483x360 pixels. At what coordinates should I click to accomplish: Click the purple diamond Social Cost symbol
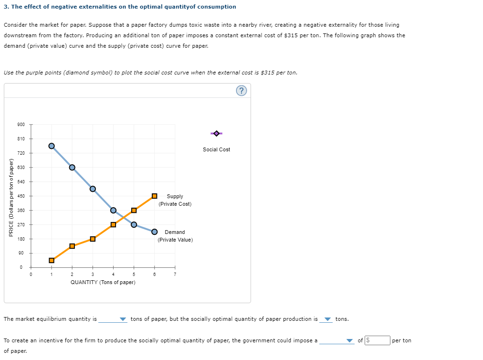click(216, 133)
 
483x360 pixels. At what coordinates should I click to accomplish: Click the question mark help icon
click(241, 91)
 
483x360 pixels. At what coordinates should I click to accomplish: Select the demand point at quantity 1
click(52, 146)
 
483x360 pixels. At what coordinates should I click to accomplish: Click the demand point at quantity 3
click(93, 189)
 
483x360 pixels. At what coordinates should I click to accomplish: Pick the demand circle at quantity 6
click(154, 232)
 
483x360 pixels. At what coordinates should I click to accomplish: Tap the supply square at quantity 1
click(52, 260)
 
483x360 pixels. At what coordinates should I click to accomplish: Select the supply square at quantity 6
click(154, 196)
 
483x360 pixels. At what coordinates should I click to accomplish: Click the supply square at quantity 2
click(72, 246)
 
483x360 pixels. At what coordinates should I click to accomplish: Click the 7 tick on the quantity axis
click(175, 274)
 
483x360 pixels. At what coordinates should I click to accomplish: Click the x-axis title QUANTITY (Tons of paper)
click(103, 282)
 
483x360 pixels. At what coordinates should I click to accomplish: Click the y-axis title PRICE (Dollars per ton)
click(11, 196)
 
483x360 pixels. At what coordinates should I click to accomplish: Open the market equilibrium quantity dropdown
click(113, 319)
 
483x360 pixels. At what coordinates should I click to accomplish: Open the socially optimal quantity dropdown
click(327, 319)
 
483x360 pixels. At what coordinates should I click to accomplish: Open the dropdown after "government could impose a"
click(337, 341)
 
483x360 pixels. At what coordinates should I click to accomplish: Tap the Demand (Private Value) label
click(175, 236)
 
